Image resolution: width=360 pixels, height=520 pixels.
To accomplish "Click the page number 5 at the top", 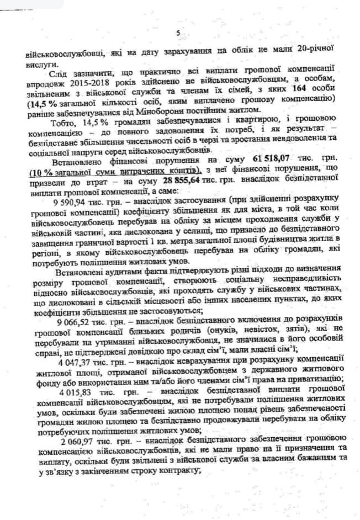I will coord(178,33).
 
